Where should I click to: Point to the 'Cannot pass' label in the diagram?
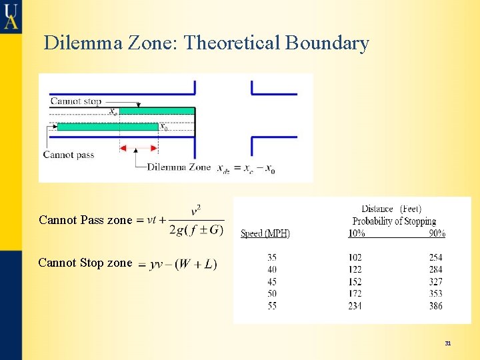[x=69, y=155]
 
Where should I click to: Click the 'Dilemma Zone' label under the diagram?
[x=179, y=167]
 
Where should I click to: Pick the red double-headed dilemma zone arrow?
[x=139, y=148]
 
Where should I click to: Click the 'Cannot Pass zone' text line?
[x=85, y=220]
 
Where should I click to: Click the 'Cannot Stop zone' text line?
[x=85, y=263]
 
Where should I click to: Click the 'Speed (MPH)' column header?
[x=265, y=233]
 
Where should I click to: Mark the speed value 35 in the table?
[x=272, y=257]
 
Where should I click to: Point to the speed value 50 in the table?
[x=272, y=294]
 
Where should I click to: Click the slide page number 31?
[x=448, y=343]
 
